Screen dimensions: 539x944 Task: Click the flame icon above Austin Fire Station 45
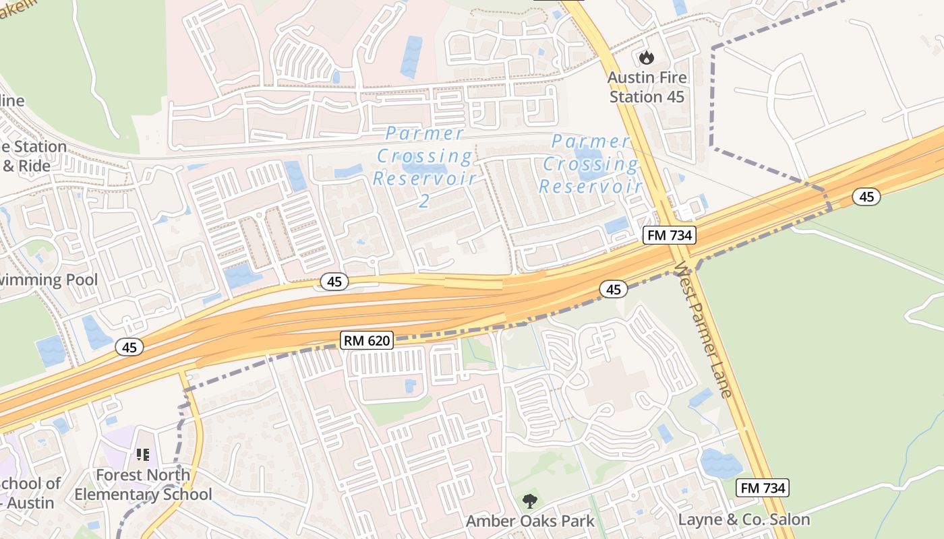[x=647, y=58]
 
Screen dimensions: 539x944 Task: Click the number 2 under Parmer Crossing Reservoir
[x=424, y=200]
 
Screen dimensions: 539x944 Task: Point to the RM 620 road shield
[x=366, y=340]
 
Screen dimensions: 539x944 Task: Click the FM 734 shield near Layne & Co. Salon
[x=763, y=488]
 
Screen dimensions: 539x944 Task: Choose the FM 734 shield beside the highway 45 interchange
[x=668, y=235]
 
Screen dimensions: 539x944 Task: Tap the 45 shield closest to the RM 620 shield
[x=334, y=282]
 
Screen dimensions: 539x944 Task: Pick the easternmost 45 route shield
[x=866, y=197]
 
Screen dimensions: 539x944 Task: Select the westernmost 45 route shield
[x=129, y=347]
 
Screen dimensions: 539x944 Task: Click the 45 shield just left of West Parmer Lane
[x=613, y=290]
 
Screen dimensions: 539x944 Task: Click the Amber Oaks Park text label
[x=531, y=521]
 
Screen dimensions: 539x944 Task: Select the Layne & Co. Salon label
[x=744, y=519]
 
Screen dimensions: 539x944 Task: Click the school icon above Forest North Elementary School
[x=142, y=455]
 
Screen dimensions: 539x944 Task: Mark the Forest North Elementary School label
[x=143, y=484]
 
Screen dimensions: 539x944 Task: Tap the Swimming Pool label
[x=47, y=280]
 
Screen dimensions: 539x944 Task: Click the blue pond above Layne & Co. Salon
[x=721, y=464]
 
